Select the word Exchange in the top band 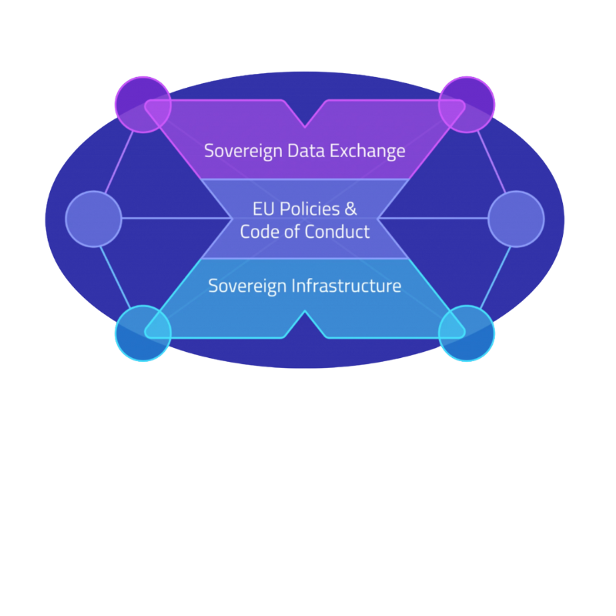pyautogui.click(x=367, y=150)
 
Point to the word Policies pyautogui.click(x=306, y=209)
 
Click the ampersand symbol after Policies pyautogui.click(x=350, y=209)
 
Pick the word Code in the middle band pyautogui.click(x=259, y=231)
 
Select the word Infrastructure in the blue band pyautogui.click(x=346, y=286)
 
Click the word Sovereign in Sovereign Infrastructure pyautogui.click(x=247, y=286)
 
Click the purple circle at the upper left pyautogui.click(x=142, y=104)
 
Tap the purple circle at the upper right pyautogui.click(x=467, y=104)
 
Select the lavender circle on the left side pyautogui.click(x=94, y=219)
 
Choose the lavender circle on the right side pyautogui.click(x=516, y=219)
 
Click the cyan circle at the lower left pyautogui.click(x=142, y=333)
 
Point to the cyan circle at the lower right pyautogui.click(x=467, y=333)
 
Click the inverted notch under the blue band pyautogui.click(x=306, y=320)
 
